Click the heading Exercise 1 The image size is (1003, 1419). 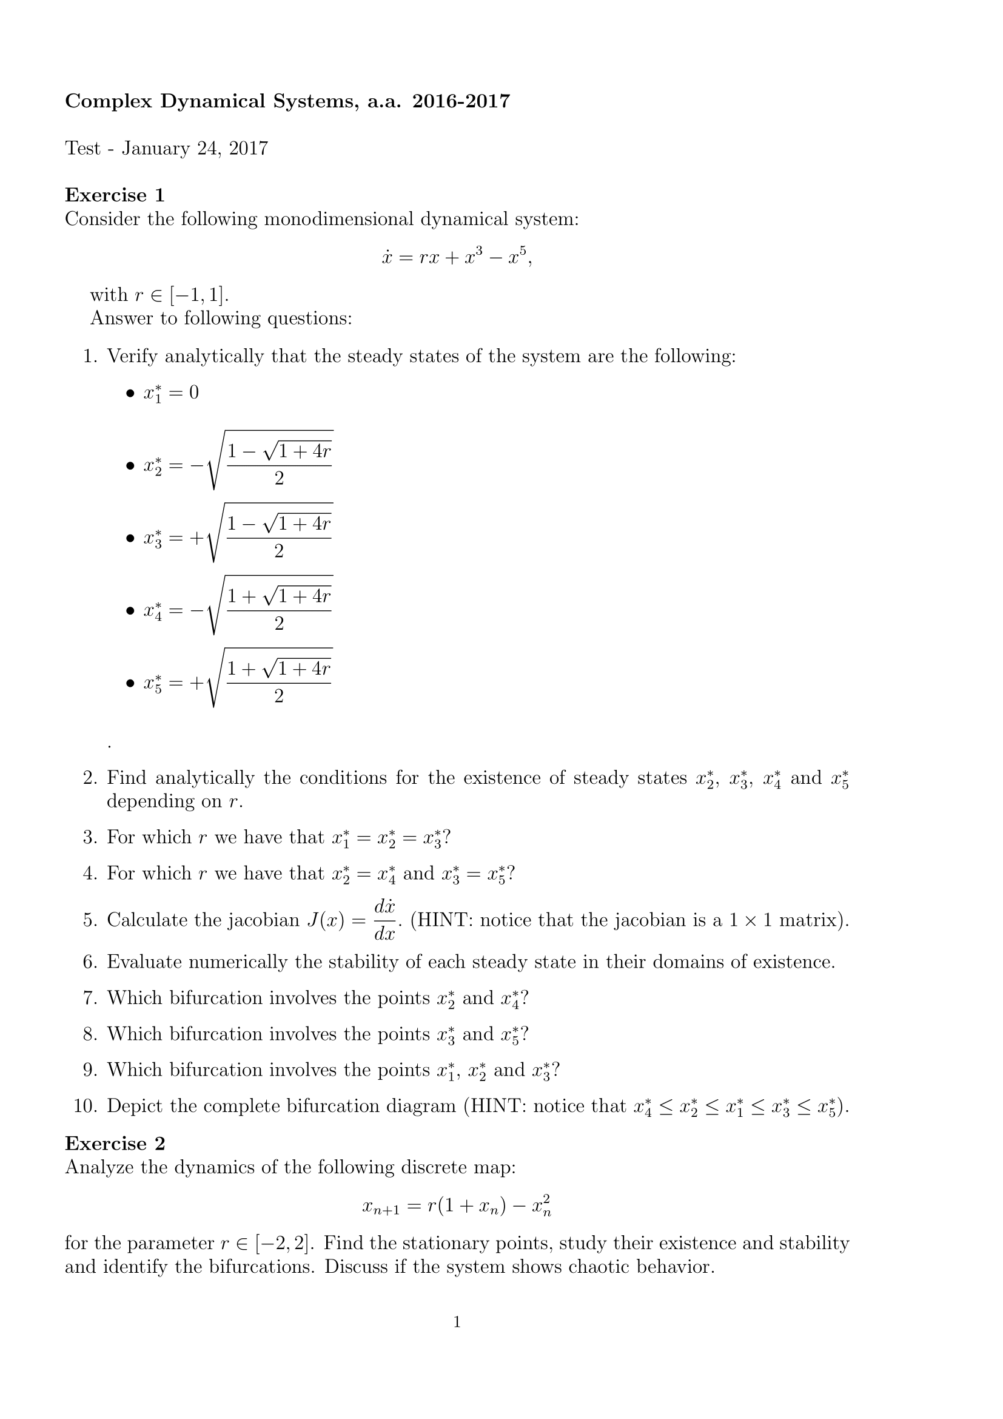pyautogui.click(x=115, y=195)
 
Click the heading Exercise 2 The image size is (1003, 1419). pyautogui.click(x=115, y=1144)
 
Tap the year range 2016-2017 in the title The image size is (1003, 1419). pyautogui.click(x=461, y=101)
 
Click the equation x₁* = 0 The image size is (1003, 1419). pyautogui.click(x=171, y=393)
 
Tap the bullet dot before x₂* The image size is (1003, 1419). pyautogui.click(x=130, y=466)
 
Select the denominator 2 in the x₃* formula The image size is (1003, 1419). pyautogui.click(x=278, y=551)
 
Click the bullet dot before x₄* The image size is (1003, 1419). pyautogui.click(x=130, y=612)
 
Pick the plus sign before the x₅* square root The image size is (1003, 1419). pyautogui.click(x=196, y=683)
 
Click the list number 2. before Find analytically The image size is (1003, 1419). pyautogui.click(x=90, y=778)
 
